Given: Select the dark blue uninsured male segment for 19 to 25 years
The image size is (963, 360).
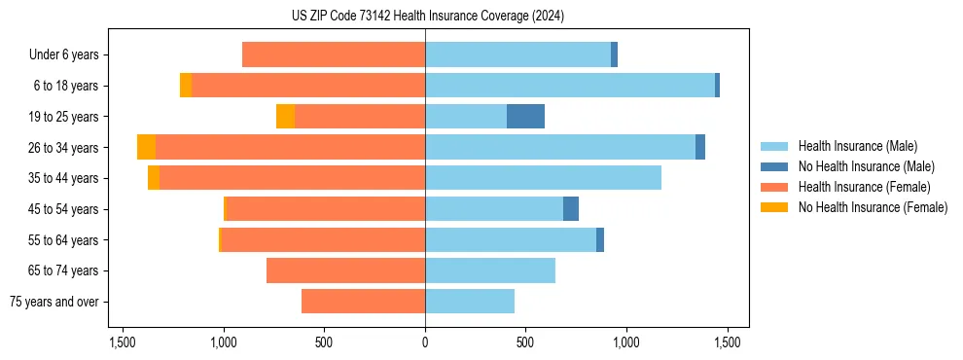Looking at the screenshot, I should tap(525, 117).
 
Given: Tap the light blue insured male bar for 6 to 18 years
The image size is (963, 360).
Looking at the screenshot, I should tap(569, 86).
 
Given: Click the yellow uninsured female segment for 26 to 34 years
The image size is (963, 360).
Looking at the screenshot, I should tap(146, 148).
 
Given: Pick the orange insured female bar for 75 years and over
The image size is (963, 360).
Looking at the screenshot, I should tap(363, 302).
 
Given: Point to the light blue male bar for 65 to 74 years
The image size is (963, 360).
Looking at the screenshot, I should tap(489, 270).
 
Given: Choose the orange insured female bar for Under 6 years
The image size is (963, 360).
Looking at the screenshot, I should tap(333, 55).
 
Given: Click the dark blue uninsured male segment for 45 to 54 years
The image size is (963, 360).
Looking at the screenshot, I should tap(571, 209).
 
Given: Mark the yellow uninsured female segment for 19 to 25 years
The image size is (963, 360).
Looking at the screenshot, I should tap(285, 117).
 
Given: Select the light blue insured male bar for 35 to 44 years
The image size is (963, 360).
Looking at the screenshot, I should tap(543, 178).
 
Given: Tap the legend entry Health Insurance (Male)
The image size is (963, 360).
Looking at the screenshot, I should tap(857, 146).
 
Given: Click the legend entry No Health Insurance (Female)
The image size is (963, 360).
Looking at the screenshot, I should tap(873, 207).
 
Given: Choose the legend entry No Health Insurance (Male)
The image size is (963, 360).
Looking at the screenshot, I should tap(866, 166).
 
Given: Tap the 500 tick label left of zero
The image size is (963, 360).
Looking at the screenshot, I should tap(324, 342).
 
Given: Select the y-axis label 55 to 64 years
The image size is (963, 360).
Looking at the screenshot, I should tap(63, 240).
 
